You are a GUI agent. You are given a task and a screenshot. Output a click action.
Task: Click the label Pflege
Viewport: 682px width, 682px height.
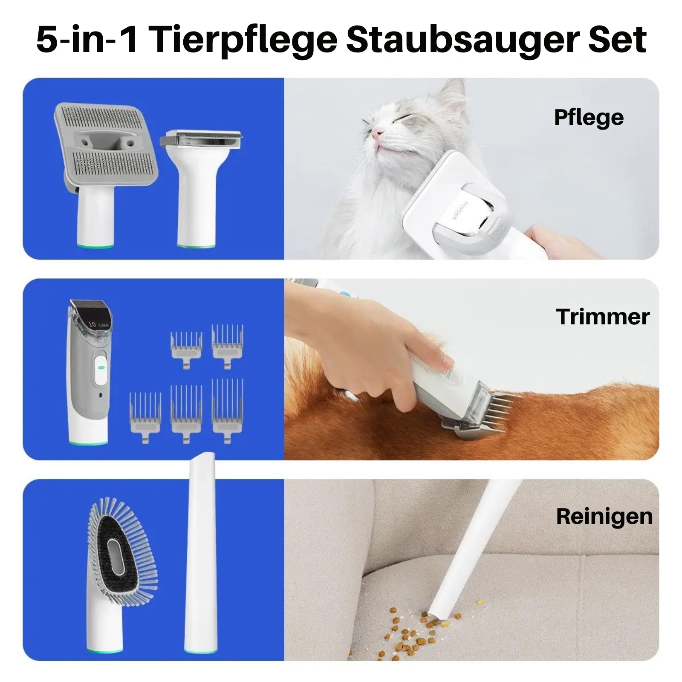[589, 118]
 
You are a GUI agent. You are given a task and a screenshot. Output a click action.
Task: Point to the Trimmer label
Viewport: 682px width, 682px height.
[602, 317]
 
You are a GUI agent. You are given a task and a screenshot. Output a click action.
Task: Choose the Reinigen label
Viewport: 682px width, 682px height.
[604, 517]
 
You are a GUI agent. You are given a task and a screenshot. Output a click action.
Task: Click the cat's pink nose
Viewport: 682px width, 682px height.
[376, 134]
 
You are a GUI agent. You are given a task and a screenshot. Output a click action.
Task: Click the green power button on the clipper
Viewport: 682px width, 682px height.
[101, 366]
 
